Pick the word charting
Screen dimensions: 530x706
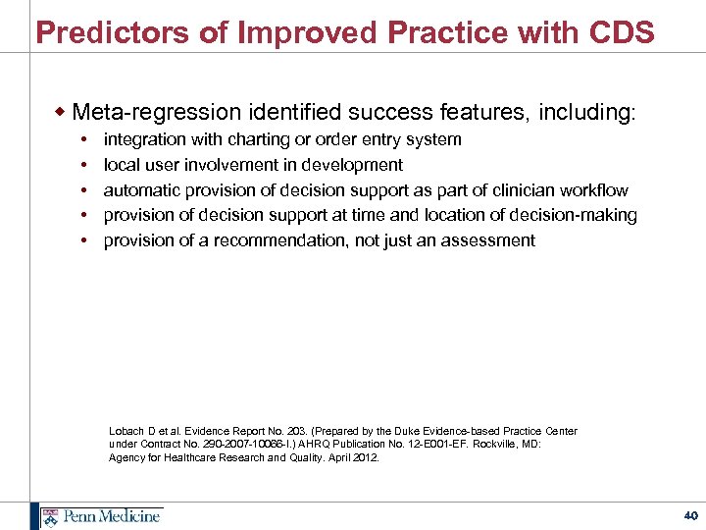coord(263,139)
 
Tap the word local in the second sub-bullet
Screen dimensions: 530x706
coord(122,165)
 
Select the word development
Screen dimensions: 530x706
coord(353,165)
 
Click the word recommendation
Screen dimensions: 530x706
coord(295,240)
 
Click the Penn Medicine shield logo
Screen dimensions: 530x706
coord(48,515)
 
